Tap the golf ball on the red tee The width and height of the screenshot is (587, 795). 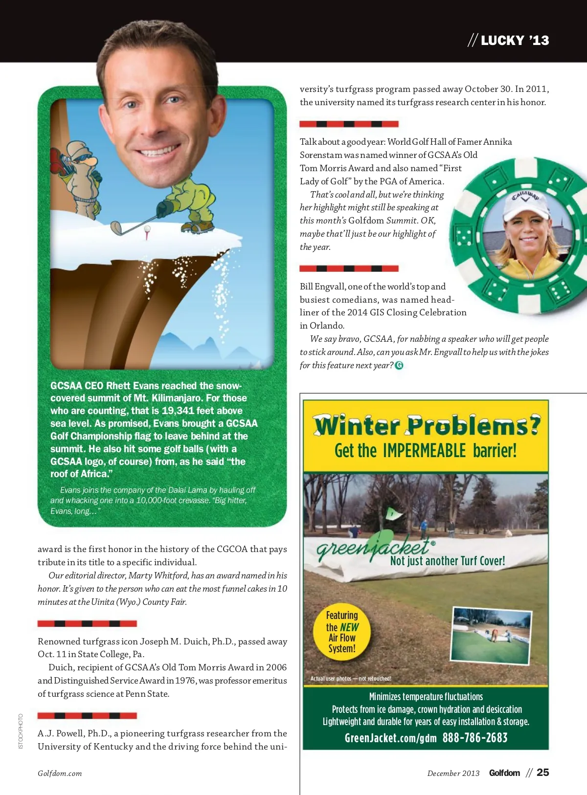tap(147, 228)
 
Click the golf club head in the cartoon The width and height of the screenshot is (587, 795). tap(117, 228)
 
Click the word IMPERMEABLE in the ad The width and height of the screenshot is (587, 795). tap(425, 450)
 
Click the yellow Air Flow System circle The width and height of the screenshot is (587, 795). tap(342, 631)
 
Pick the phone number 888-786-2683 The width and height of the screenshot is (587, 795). tap(475, 738)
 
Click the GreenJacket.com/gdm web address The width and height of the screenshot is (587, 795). tap(390, 738)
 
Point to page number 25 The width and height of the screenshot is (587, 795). tap(543, 773)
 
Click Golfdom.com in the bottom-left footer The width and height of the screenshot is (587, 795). tap(60, 773)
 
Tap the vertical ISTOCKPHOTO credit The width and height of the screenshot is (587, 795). tap(21, 731)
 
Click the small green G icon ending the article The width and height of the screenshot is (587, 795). tap(399, 365)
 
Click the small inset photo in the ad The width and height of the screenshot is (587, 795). tap(491, 635)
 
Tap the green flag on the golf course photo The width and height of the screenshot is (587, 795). tap(393, 514)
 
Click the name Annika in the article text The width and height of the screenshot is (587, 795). tap(497, 142)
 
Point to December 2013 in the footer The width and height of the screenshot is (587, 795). tap(453, 773)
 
